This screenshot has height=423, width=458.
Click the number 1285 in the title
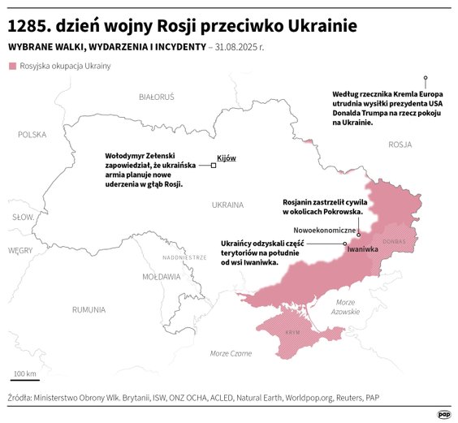click(x=29, y=26)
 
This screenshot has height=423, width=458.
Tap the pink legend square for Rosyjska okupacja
click(x=11, y=66)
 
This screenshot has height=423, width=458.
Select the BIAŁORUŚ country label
click(x=156, y=97)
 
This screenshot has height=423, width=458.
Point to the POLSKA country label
click(x=32, y=135)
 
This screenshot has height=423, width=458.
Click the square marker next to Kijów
click(x=214, y=165)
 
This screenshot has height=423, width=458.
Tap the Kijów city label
click(x=227, y=158)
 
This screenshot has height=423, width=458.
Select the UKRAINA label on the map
click(x=227, y=205)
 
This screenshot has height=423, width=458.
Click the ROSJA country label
click(x=400, y=145)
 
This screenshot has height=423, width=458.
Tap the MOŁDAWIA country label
click(x=161, y=276)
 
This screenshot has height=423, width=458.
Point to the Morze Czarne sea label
click(x=231, y=353)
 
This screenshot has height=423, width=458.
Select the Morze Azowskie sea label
click(x=347, y=307)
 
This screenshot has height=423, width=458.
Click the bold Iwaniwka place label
click(x=363, y=249)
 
